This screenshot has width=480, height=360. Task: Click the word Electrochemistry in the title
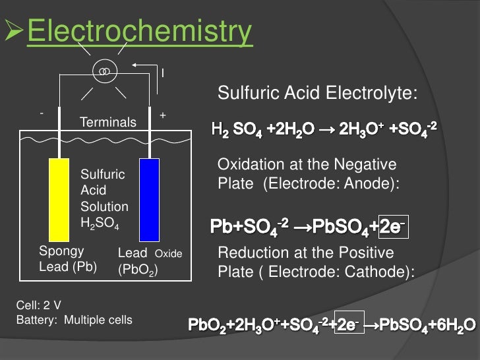tap(138, 32)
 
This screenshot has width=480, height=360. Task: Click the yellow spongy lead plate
tap(60, 200)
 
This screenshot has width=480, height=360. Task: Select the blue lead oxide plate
tap(150, 200)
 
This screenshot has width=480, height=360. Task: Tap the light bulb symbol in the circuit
tap(104, 70)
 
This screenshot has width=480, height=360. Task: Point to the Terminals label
tap(107, 122)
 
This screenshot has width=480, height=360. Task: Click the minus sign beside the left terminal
tap(42, 113)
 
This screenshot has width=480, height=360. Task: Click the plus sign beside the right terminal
tap(163, 115)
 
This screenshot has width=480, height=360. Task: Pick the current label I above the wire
tap(163, 72)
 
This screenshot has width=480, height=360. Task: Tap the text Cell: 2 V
tap(38, 306)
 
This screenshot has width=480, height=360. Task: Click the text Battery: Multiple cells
tap(73, 320)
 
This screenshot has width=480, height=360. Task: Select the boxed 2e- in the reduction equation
tap(349, 325)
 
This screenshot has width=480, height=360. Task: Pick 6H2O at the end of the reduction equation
tap(452, 326)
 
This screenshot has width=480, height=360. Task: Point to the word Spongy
tap(61, 251)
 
